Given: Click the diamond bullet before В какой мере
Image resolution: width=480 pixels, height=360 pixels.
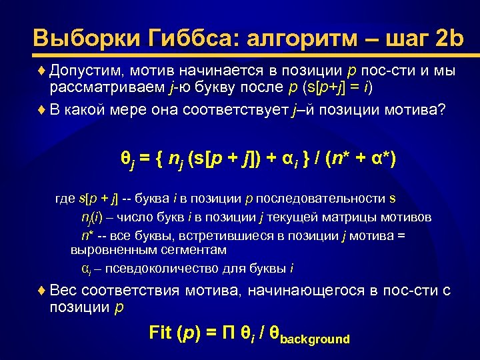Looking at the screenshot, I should click(x=42, y=109).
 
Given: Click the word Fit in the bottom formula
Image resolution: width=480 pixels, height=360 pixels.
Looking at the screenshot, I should click(x=160, y=333).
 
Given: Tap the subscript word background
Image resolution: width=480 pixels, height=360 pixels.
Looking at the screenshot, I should click(x=315, y=339).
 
